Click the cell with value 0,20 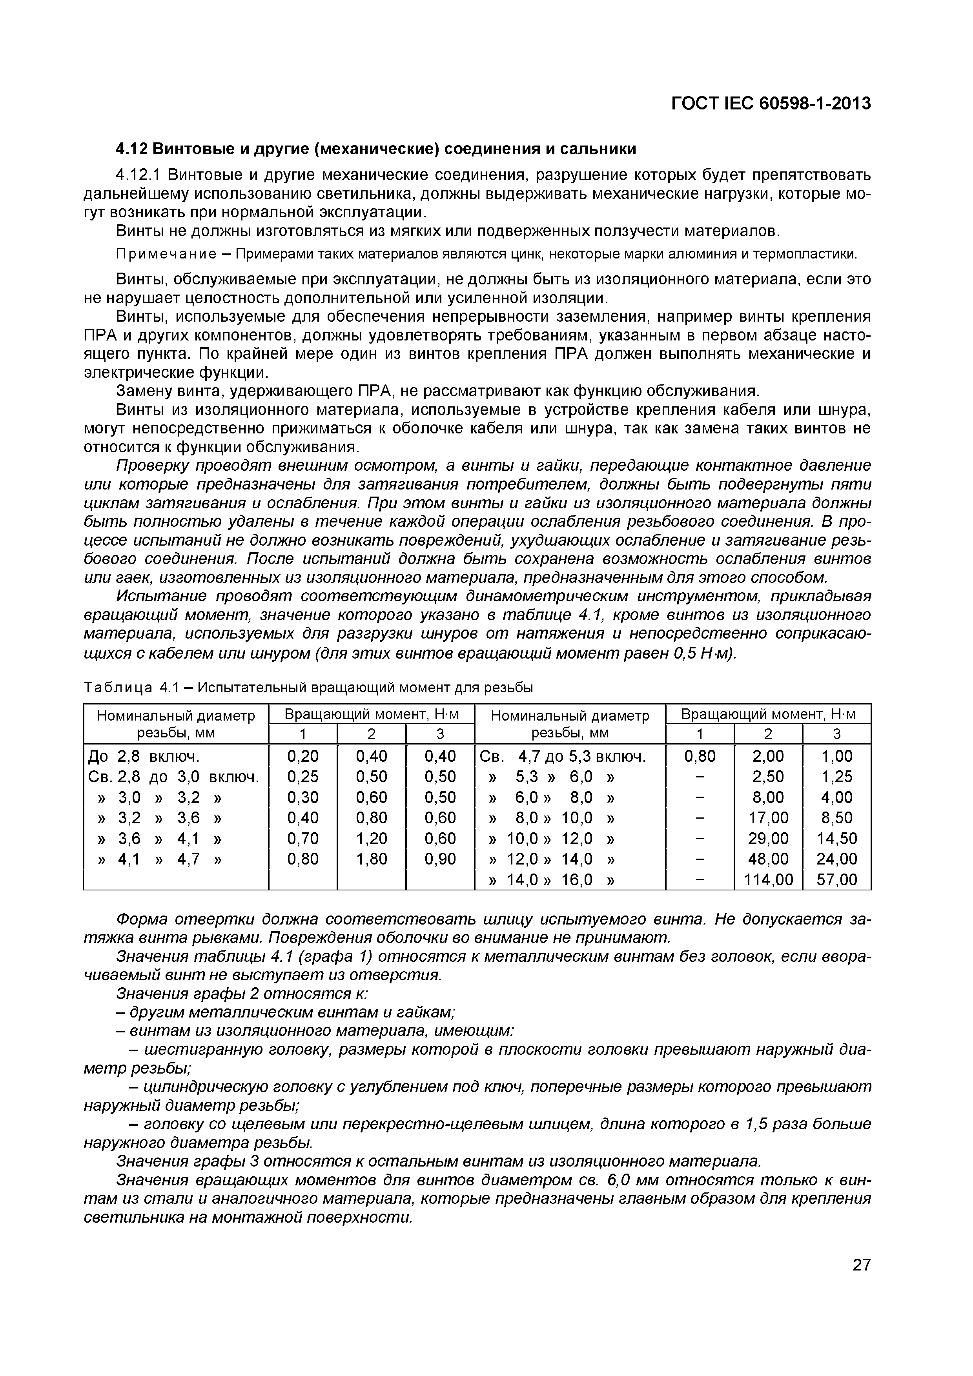(x=303, y=756)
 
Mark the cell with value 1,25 (x=836, y=776)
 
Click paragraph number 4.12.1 (x=138, y=175)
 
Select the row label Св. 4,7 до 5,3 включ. (x=562, y=756)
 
